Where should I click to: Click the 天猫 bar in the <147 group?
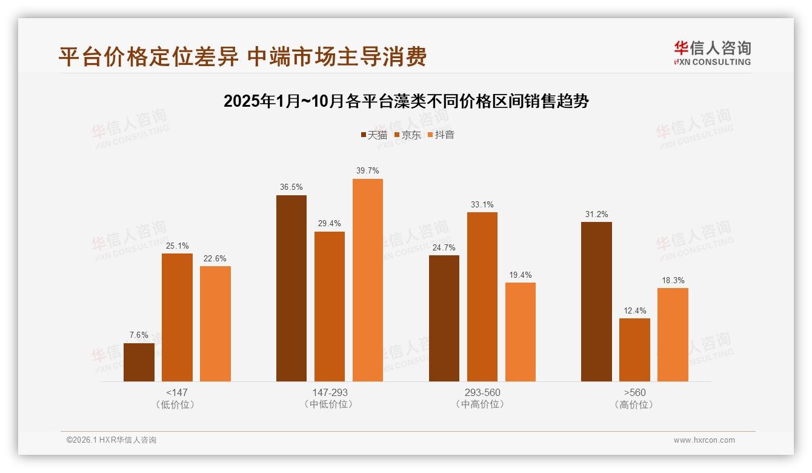pyautogui.click(x=139, y=362)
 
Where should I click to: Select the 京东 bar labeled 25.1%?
pyautogui.click(x=177, y=317)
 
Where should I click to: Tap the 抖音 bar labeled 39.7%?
pyautogui.click(x=368, y=280)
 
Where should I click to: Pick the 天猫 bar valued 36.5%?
pyautogui.click(x=291, y=288)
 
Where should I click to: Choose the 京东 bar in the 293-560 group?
pyautogui.click(x=482, y=297)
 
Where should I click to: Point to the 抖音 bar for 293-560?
pyautogui.click(x=520, y=332)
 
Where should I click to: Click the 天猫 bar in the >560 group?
pyautogui.click(x=596, y=301)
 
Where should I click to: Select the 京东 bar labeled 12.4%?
pyautogui.click(x=634, y=350)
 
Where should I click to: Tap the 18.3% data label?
pyautogui.click(x=673, y=281)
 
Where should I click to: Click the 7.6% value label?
pyautogui.click(x=139, y=335)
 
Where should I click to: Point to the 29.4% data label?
pyautogui.click(x=330, y=224)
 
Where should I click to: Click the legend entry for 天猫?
pyautogui.click(x=374, y=135)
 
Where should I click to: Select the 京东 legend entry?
pyautogui.click(x=407, y=135)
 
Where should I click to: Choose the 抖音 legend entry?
pyautogui.click(x=441, y=135)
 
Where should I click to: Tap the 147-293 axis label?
pyautogui.click(x=330, y=392)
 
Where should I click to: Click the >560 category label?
pyautogui.click(x=634, y=392)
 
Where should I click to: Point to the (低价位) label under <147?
pyautogui.click(x=177, y=404)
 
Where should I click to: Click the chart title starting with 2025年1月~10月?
pyautogui.click(x=406, y=101)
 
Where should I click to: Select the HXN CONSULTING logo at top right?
pyautogui.click(x=712, y=53)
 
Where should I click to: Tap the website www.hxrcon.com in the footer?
pyautogui.click(x=704, y=440)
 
